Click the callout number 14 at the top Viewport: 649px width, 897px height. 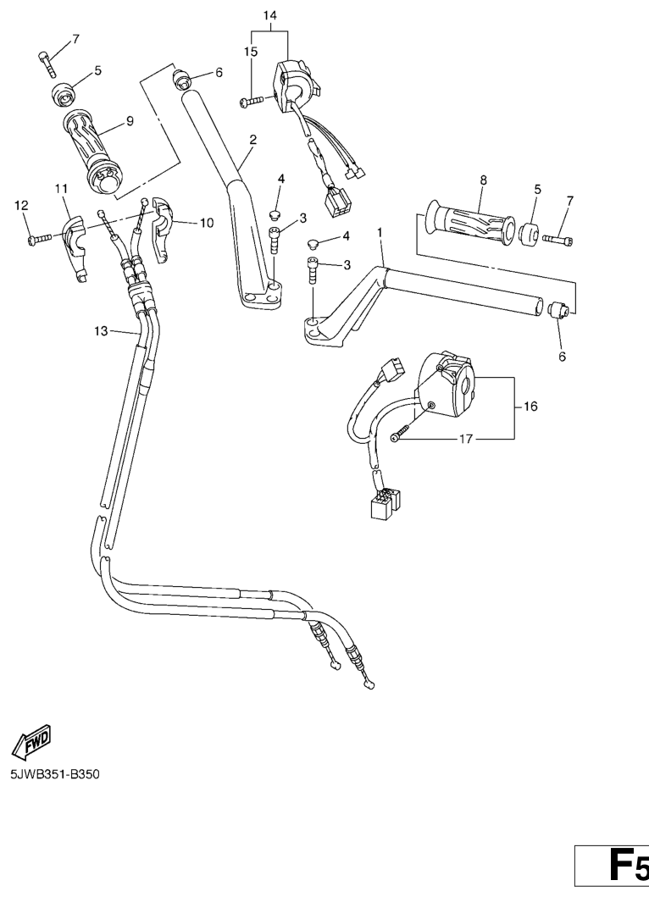(x=270, y=15)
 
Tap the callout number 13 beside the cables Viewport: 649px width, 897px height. (x=101, y=330)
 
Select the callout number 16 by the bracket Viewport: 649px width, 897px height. (x=530, y=407)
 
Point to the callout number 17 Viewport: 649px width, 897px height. (x=467, y=439)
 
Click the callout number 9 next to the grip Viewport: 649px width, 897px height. (x=130, y=121)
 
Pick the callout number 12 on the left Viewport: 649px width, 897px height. (x=21, y=205)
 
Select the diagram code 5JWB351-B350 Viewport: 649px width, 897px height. (x=55, y=775)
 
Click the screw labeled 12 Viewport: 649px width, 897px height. (x=39, y=239)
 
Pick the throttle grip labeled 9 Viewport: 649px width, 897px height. (x=91, y=150)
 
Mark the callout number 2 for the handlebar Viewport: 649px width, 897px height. (x=253, y=139)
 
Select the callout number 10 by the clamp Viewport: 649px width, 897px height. (x=206, y=222)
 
